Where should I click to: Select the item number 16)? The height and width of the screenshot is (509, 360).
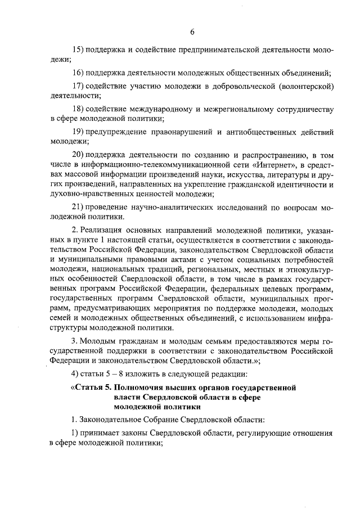78,73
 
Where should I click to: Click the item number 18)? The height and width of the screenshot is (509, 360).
78,109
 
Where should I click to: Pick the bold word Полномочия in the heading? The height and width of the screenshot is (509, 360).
142,388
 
